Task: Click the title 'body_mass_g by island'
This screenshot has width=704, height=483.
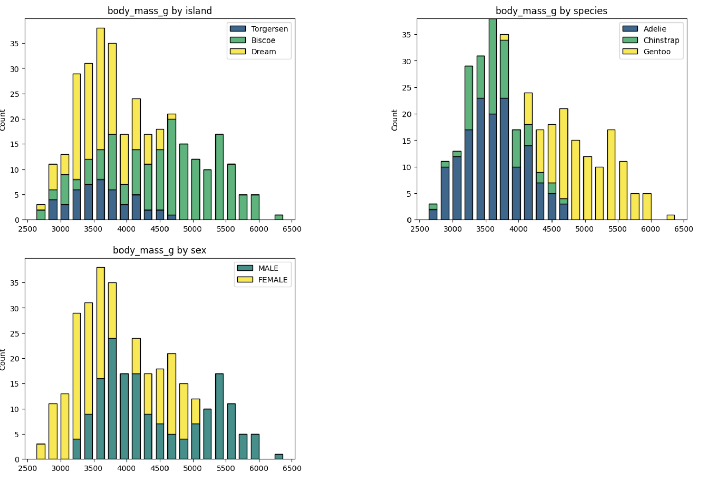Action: point(160,11)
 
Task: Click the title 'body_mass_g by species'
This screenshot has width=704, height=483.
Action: point(551,11)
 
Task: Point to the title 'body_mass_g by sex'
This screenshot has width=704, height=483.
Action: point(160,250)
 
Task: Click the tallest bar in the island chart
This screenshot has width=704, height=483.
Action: point(100,102)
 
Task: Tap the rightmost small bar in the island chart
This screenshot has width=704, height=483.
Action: point(279,217)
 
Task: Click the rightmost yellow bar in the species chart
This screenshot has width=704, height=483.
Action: point(671,217)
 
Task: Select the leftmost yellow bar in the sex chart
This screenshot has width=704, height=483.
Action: point(41,451)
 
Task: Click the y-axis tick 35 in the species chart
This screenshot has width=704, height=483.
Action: point(406,35)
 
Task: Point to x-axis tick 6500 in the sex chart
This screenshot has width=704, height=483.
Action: point(292,469)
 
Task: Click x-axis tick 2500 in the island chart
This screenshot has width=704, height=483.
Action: point(28,229)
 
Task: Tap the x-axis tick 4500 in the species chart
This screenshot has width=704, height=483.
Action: point(551,229)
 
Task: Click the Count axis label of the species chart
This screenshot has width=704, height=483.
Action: point(395,120)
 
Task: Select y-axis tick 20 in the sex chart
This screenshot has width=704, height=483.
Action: point(15,359)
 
